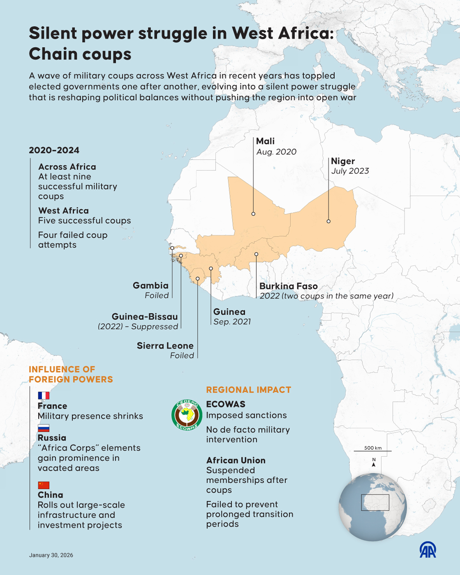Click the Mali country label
265,141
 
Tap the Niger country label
343,161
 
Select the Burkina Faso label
288,286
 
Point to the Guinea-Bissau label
145,317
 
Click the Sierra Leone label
165,346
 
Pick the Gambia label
150,285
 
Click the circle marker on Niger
329,221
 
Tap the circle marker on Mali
253,214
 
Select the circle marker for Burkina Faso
256,254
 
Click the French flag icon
44,396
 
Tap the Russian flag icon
44,428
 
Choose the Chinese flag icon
44,485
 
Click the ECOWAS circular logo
187,415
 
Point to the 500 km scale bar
373,451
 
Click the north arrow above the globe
374,464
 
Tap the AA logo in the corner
428,550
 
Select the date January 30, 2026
51,555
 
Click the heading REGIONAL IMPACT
248,390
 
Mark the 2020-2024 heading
54,150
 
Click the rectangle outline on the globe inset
375,503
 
